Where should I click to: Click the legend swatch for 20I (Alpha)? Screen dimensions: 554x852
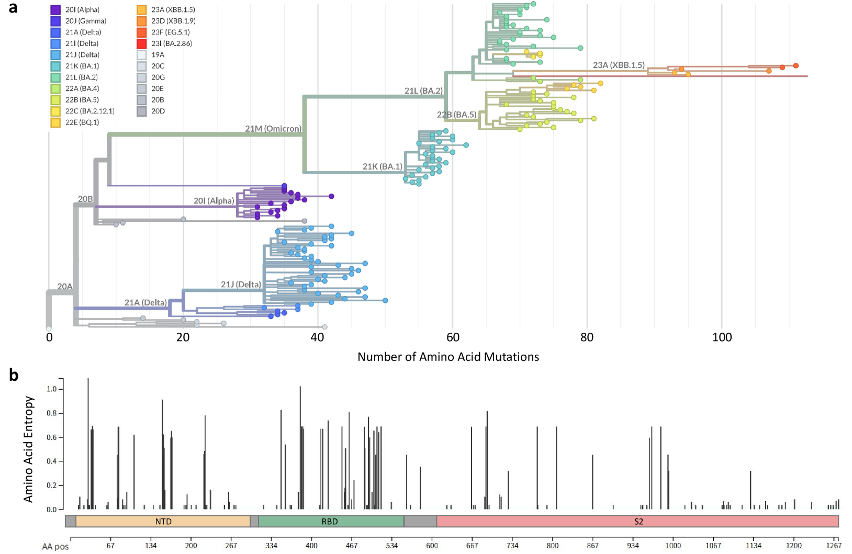(x=55, y=10)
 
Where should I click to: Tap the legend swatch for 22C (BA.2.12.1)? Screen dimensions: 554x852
(x=55, y=111)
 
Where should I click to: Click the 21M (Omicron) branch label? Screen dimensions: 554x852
(x=273, y=129)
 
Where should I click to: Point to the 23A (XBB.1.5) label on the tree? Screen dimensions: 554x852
(x=619, y=65)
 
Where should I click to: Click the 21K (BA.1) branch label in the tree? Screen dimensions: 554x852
(x=383, y=167)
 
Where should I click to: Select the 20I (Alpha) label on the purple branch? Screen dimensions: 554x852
(x=214, y=201)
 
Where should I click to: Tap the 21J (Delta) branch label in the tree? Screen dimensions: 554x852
(x=241, y=285)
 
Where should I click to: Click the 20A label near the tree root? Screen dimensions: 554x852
(x=65, y=287)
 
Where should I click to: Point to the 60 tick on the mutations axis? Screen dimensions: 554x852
(x=453, y=337)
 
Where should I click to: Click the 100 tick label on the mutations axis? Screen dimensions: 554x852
(x=722, y=337)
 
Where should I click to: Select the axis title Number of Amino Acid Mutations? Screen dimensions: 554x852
(x=448, y=357)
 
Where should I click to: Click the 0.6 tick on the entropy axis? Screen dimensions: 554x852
(x=51, y=437)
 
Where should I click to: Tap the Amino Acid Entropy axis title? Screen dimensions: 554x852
(x=28, y=449)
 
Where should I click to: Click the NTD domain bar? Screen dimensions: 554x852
(x=163, y=522)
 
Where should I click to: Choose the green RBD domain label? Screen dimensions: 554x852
(x=330, y=522)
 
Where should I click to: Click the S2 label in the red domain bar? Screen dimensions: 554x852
(x=638, y=522)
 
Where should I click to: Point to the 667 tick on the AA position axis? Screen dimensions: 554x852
(x=472, y=546)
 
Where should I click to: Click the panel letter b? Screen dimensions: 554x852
(x=14, y=375)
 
